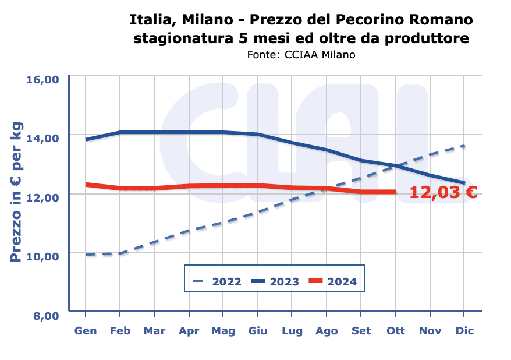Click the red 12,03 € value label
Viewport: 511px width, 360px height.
443,192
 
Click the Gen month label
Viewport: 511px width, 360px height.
86,331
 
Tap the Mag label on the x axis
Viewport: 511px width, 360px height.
223,331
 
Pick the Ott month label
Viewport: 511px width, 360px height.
396,331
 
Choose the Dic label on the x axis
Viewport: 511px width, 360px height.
464,331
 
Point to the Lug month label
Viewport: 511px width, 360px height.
292,331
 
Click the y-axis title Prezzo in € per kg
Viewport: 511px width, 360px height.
16,192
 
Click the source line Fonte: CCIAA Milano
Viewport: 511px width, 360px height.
301,55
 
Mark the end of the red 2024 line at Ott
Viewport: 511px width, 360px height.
395,192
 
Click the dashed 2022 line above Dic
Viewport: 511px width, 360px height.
464,146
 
